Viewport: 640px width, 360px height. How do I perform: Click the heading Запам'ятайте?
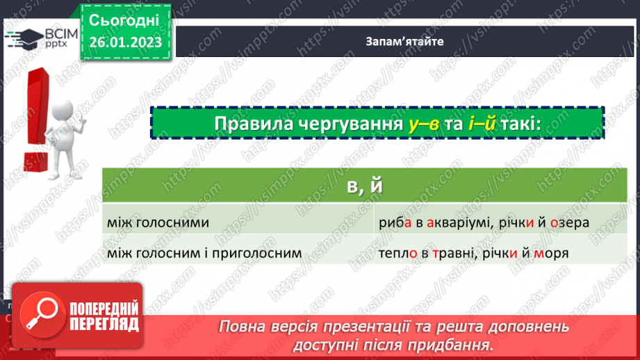404,40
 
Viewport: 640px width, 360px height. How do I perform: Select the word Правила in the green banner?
249,124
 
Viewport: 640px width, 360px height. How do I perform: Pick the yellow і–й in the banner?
483,124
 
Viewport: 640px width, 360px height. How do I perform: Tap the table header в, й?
363,186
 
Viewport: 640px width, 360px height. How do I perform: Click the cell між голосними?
159,223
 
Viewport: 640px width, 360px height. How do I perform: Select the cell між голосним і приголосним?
205,254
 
